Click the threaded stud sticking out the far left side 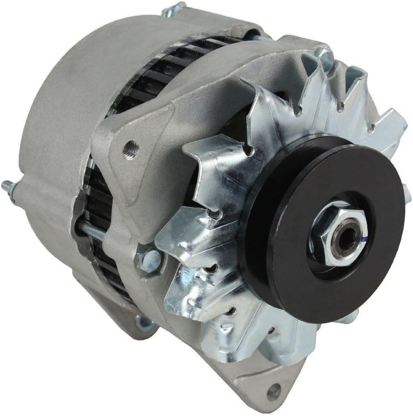click(x=7, y=185)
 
